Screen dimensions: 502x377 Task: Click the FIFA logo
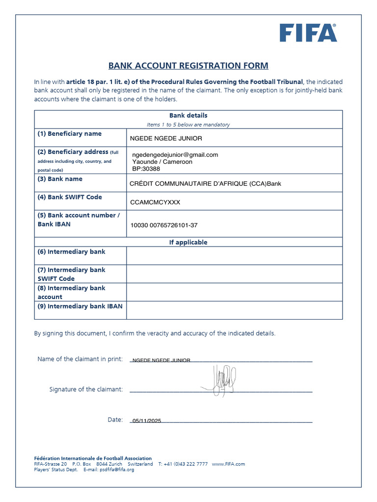tap(308, 33)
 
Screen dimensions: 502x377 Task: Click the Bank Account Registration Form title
tap(188, 66)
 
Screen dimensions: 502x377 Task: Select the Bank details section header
tap(188, 116)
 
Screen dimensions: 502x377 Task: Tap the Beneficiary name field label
tap(70, 134)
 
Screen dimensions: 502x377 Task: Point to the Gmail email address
tap(175, 154)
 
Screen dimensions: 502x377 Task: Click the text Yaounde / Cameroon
tap(162, 161)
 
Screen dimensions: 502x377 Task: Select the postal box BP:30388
tap(146, 169)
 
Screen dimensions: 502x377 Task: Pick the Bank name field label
tap(60, 179)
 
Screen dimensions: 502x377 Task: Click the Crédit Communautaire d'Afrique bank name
tap(205, 184)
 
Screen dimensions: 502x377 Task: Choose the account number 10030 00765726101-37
tap(164, 226)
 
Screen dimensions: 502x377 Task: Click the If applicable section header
tap(188, 242)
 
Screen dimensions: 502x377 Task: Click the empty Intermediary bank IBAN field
tap(234, 310)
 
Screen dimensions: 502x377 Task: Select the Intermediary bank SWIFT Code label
tap(71, 274)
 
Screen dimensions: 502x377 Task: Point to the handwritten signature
tap(221, 379)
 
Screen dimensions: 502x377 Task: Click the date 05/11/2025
tap(146, 421)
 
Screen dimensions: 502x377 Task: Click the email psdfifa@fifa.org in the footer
tap(116, 470)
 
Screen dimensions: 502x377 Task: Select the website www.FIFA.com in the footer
tap(228, 464)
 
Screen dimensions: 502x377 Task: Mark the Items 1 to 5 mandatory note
tap(188, 125)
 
